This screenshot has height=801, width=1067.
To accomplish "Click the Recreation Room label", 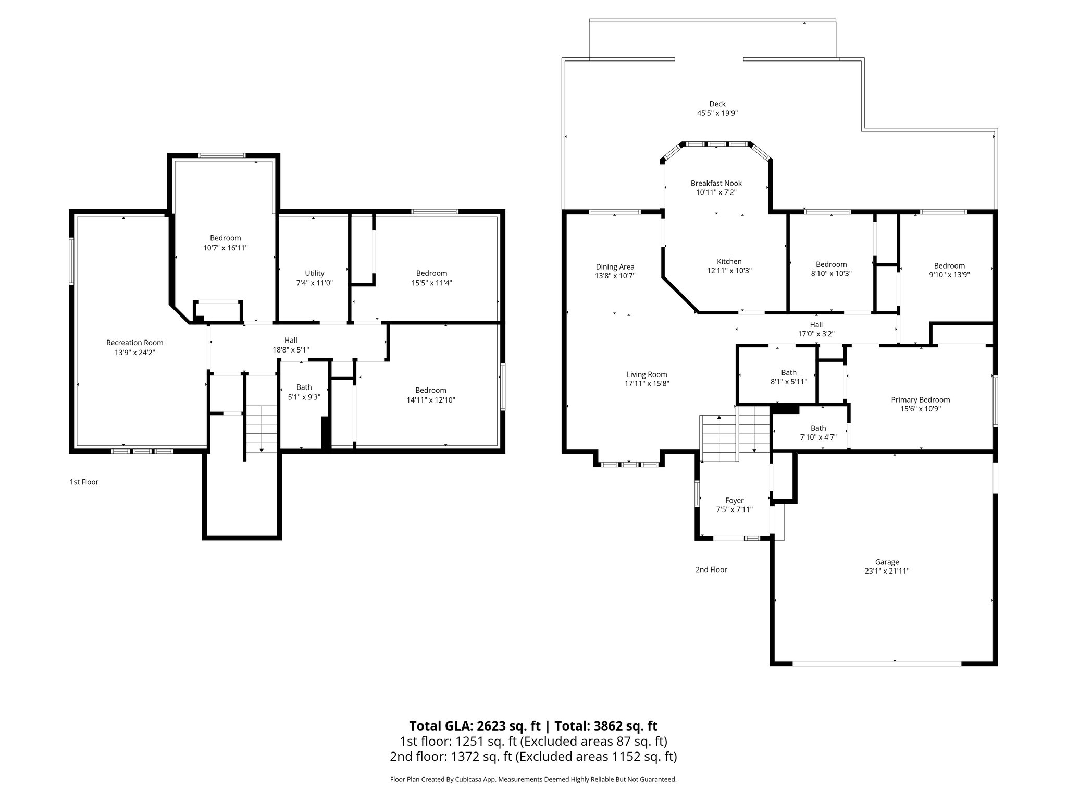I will (134, 343).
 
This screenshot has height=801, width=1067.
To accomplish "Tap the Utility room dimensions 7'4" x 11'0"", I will (314, 283).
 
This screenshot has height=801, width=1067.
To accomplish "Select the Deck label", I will (717, 104).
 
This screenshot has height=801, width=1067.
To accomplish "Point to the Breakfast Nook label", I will (716, 183).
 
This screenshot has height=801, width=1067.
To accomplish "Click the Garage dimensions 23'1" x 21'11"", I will (886, 571).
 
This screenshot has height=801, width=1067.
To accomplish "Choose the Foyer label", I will (734, 500).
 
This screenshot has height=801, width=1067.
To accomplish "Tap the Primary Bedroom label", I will (920, 400).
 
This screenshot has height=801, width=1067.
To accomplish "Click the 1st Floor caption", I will (84, 482).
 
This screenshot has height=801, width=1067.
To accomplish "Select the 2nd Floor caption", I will (711, 569).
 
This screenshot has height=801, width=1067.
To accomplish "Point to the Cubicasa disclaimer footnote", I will (533, 779).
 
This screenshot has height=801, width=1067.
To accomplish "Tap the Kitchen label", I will (729, 261).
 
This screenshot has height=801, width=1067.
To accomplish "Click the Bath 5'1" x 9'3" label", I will (304, 387).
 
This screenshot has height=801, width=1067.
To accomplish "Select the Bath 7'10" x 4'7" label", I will (818, 428).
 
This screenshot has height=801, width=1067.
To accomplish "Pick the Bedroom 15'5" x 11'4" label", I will (431, 273).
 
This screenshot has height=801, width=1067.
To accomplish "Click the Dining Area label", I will (615, 266).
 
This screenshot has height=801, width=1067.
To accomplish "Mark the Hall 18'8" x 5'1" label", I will (291, 341).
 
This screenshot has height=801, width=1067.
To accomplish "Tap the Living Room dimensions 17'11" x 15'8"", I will (647, 383).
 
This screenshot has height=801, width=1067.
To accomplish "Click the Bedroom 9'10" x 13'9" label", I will (949, 265).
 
